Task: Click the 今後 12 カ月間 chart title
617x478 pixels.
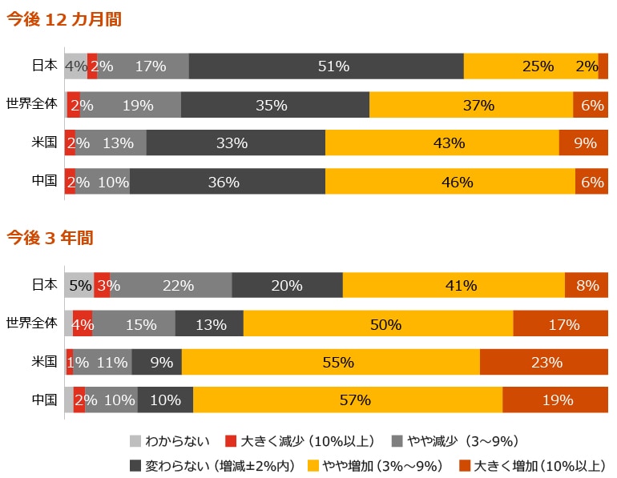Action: pyautogui.click(x=64, y=20)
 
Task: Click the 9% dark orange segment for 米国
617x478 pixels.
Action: pyautogui.click(x=583, y=143)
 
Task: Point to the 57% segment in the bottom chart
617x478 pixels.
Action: pyautogui.click(x=348, y=400)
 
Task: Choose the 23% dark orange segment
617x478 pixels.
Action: pyautogui.click(x=544, y=362)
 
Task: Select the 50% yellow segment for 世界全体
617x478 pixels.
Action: pyautogui.click(x=378, y=324)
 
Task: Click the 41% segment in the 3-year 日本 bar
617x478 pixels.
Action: pyautogui.click(x=454, y=285)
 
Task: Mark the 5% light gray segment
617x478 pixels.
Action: pyautogui.click(x=79, y=285)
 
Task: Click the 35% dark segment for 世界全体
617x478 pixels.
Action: pyautogui.click(x=275, y=105)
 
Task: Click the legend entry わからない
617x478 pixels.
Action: pyautogui.click(x=170, y=441)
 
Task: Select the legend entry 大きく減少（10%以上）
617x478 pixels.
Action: pyautogui.click(x=300, y=441)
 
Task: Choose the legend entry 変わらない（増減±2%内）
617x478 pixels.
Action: pyautogui.click(x=212, y=465)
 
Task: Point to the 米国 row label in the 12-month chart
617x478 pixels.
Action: pyautogui.click(x=44, y=143)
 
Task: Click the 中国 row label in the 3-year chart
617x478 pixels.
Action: pyautogui.click(x=44, y=400)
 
